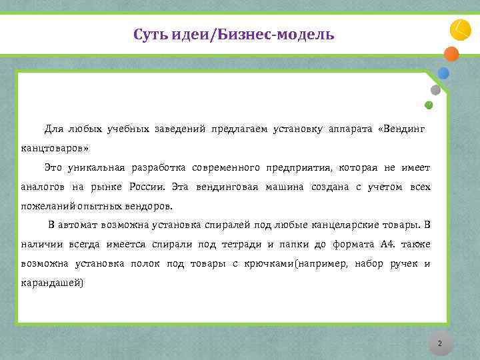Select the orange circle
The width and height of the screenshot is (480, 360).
tap(451, 54)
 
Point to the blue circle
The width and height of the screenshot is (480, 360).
tap(443, 73)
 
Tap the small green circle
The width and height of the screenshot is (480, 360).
tap(429, 105)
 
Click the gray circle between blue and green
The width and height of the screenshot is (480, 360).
tap(435, 89)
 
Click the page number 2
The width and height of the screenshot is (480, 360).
tap(439, 344)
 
